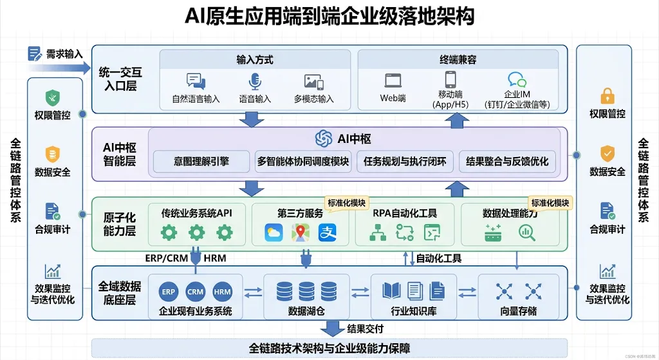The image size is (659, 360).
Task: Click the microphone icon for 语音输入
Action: click(x=255, y=82)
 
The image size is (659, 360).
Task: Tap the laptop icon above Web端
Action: click(x=393, y=81)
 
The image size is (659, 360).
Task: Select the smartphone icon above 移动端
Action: click(x=450, y=79)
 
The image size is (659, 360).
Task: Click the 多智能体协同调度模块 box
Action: click(x=303, y=161)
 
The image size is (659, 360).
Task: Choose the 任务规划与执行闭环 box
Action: click(x=405, y=161)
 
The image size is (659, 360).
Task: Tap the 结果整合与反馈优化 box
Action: click(x=508, y=161)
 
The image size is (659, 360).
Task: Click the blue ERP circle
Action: click(x=169, y=292)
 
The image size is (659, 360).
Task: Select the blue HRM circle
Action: click(x=222, y=292)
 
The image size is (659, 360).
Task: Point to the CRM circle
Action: click(x=196, y=292)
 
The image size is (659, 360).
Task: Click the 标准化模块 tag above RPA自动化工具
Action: click(x=346, y=203)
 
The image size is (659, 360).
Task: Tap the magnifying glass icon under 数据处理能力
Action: click(x=527, y=233)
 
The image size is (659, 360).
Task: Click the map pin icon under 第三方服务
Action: click(x=301, y=232)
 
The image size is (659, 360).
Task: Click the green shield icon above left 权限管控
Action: click(x=53, y=98)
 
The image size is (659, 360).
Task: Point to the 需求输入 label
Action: click(x=64, y=54)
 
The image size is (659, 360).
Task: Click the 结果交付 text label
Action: click(x=365, y=329)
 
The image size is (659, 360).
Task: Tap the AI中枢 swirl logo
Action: click(x=324, y=138)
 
